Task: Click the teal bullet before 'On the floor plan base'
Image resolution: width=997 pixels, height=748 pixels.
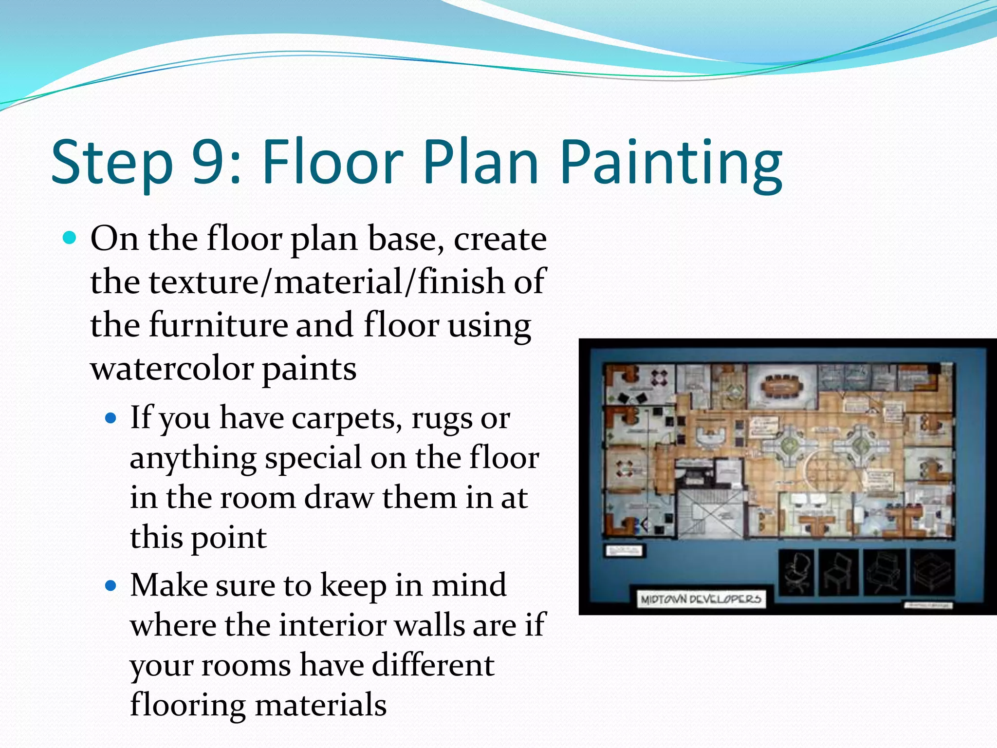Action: coord(70,238)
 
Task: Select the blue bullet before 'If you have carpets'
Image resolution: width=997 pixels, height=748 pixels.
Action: coord(111,418)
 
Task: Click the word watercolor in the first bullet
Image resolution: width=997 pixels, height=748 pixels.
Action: coord(171,368)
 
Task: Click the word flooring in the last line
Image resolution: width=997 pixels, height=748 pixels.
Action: coord(187,705)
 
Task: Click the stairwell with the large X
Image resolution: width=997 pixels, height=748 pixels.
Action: coord(710,514)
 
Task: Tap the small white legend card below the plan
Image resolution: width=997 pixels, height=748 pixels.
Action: coord(624,551)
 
